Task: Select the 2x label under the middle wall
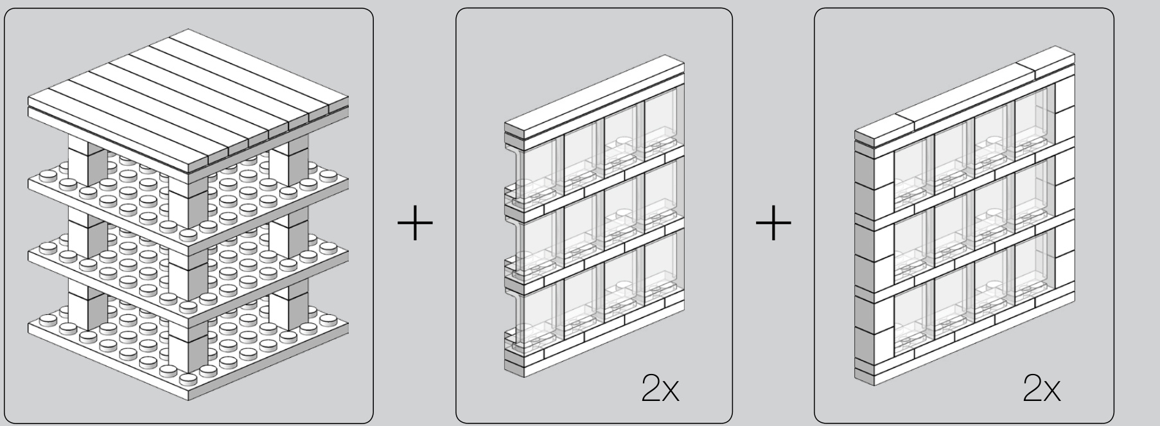pyautogui.click(x=660, y=389)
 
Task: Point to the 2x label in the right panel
pyautogui.click(x=1042, y=389)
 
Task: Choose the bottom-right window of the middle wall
pyautogui.click(x=663, y=270)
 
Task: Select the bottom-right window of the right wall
pyautogui.click(x=1034, y=267)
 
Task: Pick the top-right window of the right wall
pyautogui.click(x=1034, y=122)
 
